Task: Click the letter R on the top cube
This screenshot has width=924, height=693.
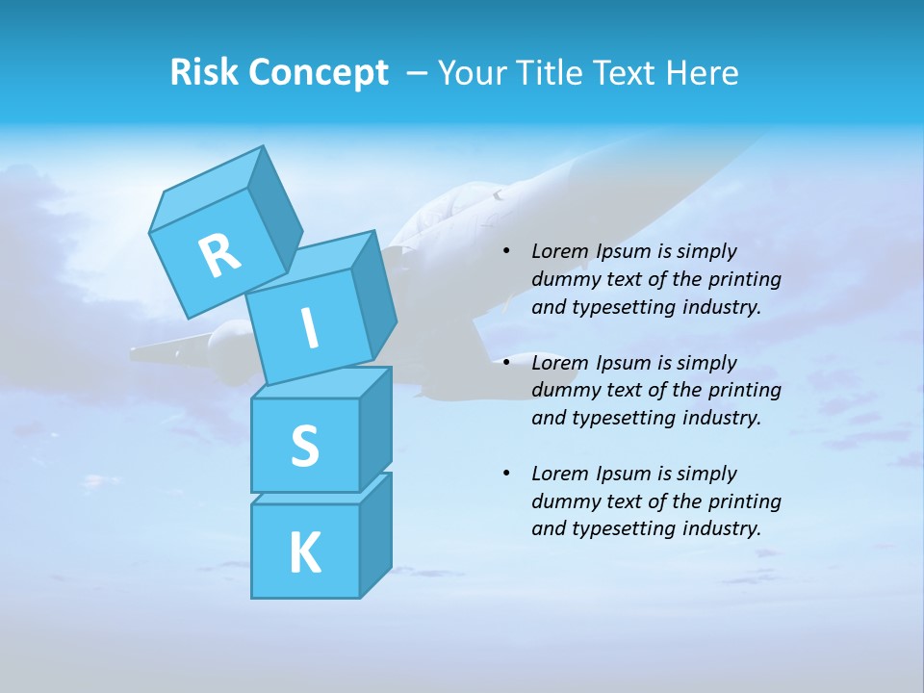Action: pos(219,255)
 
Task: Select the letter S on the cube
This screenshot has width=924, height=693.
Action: pos(304,445)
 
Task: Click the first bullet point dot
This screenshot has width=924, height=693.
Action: pos(506,252)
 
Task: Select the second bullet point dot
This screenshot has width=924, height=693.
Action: pos(506,363)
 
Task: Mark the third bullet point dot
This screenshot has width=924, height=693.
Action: pos(506,474)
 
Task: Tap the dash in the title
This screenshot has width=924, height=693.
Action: pos(418,73)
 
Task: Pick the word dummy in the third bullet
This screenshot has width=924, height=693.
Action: pos(562,500)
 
